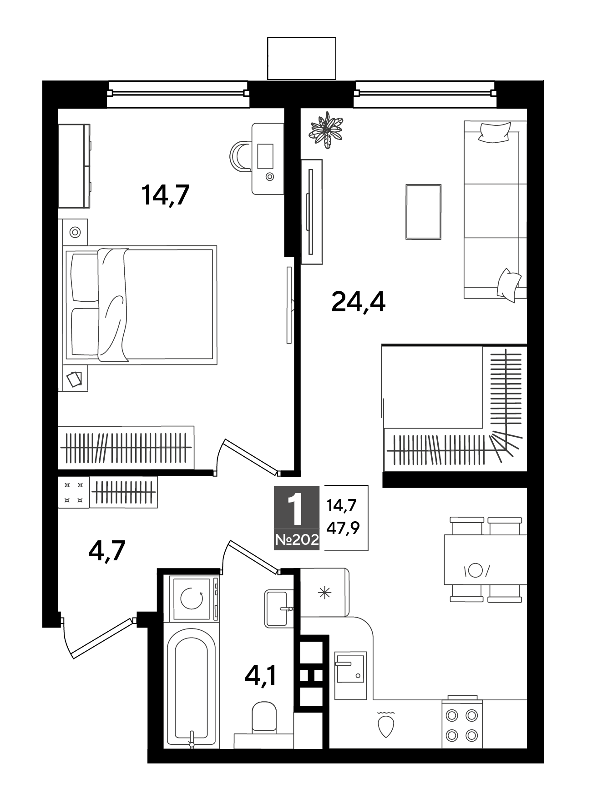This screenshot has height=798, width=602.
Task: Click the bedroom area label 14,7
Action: pos(165,195)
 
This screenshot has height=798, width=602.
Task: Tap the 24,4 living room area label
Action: pos(359,302)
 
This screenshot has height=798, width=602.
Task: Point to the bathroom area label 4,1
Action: pos(261,674)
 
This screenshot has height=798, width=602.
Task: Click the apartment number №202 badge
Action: pos(297,540)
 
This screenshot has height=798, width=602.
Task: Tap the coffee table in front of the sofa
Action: pos(423,211)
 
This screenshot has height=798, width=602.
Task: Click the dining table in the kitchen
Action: pos(486,559)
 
